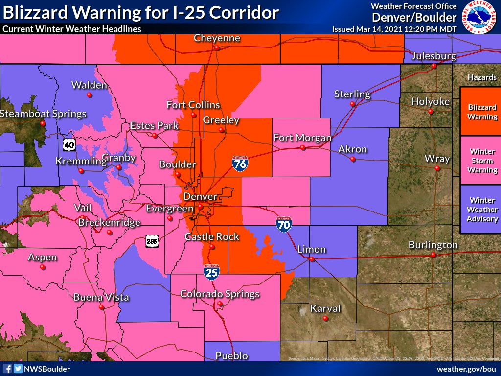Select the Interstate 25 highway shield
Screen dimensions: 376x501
(212, 272)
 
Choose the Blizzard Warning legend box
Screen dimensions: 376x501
(482, 112)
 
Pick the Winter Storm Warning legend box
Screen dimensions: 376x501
(482, 161)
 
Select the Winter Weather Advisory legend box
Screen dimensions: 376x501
(482, 210)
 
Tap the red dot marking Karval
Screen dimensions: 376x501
(325, 319)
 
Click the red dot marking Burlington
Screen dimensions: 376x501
(433, 255)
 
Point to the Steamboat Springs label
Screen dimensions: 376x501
(43, 114)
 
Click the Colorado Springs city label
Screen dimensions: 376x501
(220, 294)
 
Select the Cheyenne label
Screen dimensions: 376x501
(217, 38)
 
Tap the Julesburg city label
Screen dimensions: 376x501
(433, 56)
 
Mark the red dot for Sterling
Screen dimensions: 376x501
(352, 104)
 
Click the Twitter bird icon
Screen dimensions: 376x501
(18, 369)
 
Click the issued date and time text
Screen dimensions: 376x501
(394, 29)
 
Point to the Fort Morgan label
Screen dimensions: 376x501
(302, 138)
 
